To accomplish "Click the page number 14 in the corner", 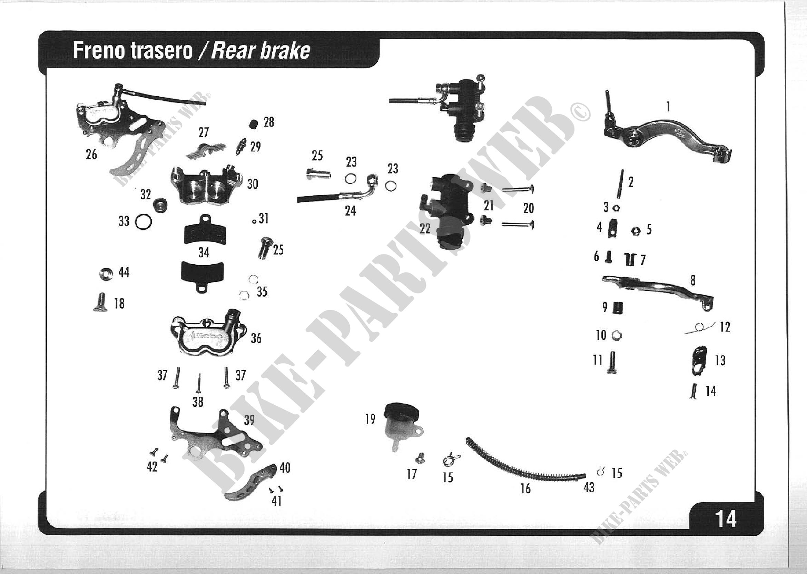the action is point(726,518).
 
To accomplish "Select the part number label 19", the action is point(370,419).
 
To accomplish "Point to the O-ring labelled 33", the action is point(144,222).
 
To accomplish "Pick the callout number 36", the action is point(256,338).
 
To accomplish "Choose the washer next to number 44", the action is point(106,274).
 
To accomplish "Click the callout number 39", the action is point(249,420).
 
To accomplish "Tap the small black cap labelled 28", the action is point(253,125).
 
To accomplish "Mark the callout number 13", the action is point(720,360).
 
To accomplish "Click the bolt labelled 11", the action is point(613,363).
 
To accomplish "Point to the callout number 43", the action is point(589,487).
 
